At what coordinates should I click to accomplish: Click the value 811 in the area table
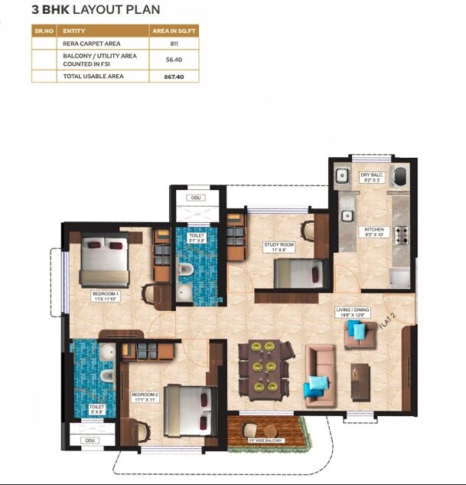(x=174, y=44)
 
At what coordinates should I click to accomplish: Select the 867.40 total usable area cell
(x=174, y=76)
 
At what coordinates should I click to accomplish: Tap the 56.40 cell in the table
(x=174, y=60)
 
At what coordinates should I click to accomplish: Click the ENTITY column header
(x=74, y=31)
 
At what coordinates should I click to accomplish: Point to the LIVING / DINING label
(x=353, y=313)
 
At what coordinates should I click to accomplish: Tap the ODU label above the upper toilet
(x=197, y=198)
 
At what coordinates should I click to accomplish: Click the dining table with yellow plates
(x=265, y=367)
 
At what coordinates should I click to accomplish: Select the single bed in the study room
(x=295, y=272)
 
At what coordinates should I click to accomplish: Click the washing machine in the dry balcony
(x=399, y=177)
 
